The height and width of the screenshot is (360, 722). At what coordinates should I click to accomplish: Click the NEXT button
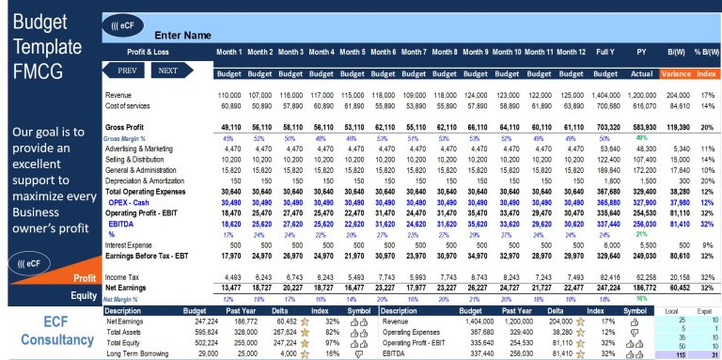pyautogui.click(x=168, y=70)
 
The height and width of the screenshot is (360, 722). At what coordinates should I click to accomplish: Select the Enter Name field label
pyautogui.click(x=181, y=35)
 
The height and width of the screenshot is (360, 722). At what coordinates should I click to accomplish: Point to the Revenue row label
pyautogui.click(x=118, y=96)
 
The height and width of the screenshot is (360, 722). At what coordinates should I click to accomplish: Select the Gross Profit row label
pyautogui.click(x=128, y=126)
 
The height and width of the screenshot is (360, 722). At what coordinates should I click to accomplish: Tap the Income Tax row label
pyautogui.click(x=123, y=277)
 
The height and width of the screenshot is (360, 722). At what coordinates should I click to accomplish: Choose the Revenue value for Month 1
pyautogui.click(x=228, y=96)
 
